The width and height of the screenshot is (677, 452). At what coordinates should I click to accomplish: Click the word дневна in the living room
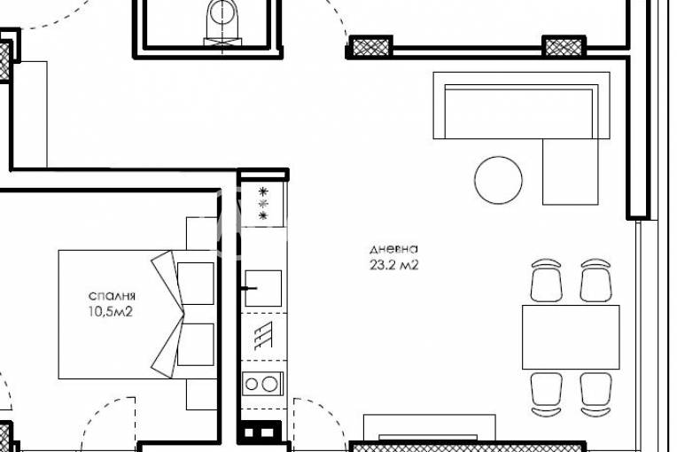[393, 250]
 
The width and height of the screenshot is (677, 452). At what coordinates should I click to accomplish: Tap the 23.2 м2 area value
[393, 265]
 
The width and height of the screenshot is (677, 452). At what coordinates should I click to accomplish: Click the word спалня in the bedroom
[112, 296]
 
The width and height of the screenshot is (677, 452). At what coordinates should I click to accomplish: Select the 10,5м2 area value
[111, 311]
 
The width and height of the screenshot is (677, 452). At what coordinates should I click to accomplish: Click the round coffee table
[498, 180]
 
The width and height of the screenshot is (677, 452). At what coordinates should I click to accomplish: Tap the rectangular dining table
[571, 337]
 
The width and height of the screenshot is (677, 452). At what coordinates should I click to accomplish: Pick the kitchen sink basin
[263, 288]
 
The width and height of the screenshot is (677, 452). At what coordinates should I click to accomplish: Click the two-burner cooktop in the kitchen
[263, 384]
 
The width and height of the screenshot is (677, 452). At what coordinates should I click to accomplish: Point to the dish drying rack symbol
[263, 335]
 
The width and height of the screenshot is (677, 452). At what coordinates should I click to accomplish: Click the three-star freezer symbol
[263, 203]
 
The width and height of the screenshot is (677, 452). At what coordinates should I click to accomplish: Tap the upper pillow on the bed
[196, 284]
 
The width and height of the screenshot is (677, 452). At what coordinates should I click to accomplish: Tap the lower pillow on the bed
[196, 345]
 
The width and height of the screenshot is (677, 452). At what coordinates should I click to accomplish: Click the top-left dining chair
[546, 280]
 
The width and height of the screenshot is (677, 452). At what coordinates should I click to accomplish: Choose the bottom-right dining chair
[595, 394]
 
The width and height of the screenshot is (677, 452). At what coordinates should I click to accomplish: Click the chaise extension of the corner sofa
[571, 171]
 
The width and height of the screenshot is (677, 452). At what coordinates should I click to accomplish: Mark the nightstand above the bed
[201, 234]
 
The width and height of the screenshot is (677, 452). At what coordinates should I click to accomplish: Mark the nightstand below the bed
[201, 394]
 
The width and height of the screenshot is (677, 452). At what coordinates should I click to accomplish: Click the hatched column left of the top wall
[371, 46]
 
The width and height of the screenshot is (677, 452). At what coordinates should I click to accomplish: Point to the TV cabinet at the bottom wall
[429, 427]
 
